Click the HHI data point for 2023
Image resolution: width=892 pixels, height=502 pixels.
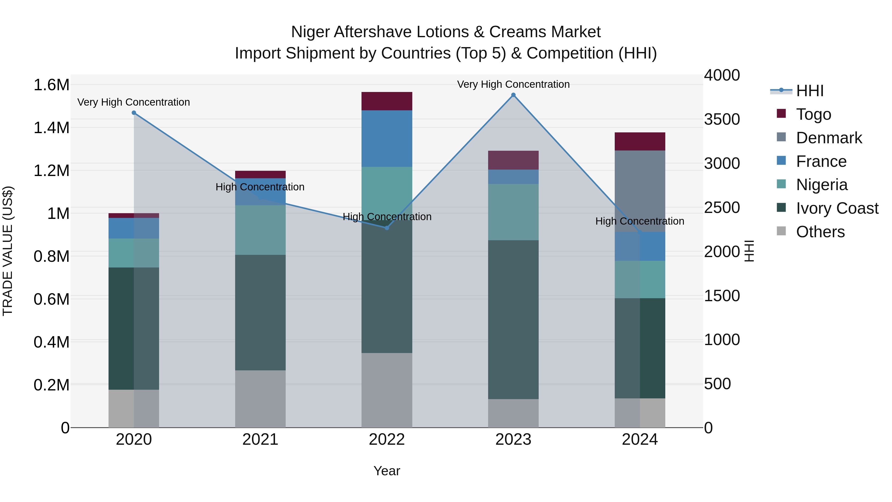pyautogui.click(x=513, y=95)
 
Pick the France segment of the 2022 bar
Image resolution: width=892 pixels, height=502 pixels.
pyautogui.click(x=387, y=139)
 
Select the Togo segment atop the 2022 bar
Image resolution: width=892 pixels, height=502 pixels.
pyautogui.click(x=387, y=101)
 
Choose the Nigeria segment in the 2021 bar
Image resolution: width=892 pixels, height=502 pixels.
pyautogui.click(x=260, y=230)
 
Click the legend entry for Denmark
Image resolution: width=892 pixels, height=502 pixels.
pyautogui.click(x=829, y=138)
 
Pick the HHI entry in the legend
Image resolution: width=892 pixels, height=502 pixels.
pyautogui.click(x=809, y=91)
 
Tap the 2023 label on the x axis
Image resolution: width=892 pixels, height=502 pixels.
pyautogui.click(x=513, y=440)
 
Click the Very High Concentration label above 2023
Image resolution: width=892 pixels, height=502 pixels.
pyautogui.click(x=513, y=84)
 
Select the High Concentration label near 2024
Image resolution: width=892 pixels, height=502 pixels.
pyautogui.click(x=640, y=221)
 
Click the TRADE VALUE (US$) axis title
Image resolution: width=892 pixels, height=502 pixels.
pyautogui.click(x=8, y=251)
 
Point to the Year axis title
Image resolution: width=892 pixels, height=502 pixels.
pyautogui.click(x=387, y=471)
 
